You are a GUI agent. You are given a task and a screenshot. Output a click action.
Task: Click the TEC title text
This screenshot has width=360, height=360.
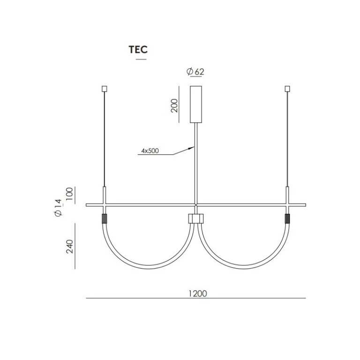138,49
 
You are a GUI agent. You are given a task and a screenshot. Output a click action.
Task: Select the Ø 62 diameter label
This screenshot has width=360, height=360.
195,72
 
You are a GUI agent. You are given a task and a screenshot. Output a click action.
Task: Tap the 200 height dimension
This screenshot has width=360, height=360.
174,105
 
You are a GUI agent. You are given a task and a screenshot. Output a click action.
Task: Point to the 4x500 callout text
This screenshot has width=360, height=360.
150,151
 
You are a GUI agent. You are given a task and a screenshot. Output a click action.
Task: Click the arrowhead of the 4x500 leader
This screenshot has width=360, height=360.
192,148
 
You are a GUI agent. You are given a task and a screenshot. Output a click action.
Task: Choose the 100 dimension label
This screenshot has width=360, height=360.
69,194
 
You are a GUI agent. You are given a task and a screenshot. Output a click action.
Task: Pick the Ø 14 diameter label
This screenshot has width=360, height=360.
58,208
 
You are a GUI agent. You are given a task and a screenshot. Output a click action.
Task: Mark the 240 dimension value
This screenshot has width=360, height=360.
69,247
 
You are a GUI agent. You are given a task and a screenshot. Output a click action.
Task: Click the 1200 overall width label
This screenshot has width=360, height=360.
198,293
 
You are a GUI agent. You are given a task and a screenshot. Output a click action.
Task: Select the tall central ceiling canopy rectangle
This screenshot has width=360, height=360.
196,105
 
